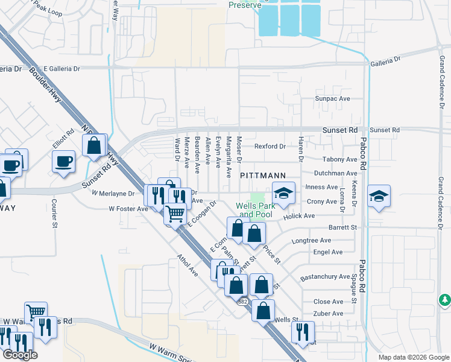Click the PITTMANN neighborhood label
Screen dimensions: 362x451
click(x=262, y=175)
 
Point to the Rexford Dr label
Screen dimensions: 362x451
click(x=270, y=146)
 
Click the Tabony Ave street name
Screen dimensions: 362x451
click(x=339, y=159)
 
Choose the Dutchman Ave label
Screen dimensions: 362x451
click(x=336, y=173)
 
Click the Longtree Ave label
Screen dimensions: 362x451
click(x=312, y=240)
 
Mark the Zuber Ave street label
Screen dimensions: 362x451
click(x=328, y=314)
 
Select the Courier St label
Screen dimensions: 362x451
click(x=54, y=209)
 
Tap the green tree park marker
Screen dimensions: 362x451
click(x=444, y=300)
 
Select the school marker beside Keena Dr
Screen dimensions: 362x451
click(x=378, y=197)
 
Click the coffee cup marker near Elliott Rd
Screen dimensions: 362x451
click(x=63, y=162)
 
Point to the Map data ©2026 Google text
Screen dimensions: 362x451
click(x=413, y=357)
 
